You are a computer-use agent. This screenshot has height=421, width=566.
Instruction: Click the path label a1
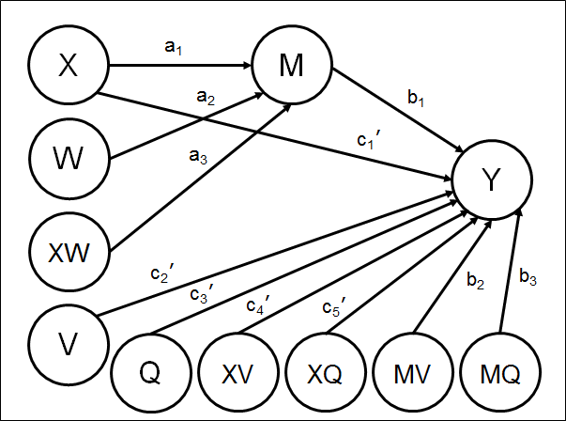(174, 47)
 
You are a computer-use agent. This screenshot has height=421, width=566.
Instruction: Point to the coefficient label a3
(198, 157)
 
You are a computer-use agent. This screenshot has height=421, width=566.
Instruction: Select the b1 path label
(416, 98)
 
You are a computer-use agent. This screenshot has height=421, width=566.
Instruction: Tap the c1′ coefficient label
(369, 140)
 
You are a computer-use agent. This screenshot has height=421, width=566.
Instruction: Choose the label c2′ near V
(162, 274)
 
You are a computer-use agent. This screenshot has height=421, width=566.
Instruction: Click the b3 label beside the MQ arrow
(528, 277)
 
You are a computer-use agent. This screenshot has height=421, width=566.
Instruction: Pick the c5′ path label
(334, 308)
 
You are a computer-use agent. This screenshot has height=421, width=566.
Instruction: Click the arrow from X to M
(180, 66)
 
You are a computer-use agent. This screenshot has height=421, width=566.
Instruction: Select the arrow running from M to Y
(398, 110)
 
